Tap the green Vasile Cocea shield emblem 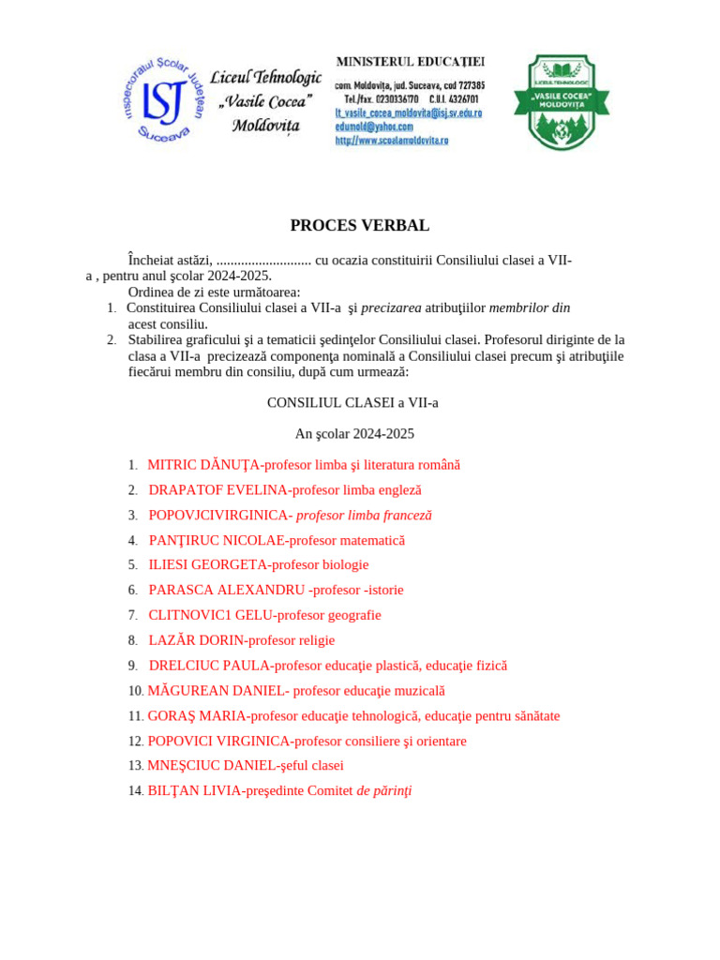(561, 101)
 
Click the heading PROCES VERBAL (360, 225)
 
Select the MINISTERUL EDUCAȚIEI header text (410, 62)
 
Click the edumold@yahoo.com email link (374, 126)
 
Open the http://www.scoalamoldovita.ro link (392, 140)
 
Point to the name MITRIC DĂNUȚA (203, 465)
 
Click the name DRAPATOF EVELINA (217, 490)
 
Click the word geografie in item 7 (350, 616)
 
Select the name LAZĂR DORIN (194, 640)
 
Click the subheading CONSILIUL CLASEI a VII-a (352, 403)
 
